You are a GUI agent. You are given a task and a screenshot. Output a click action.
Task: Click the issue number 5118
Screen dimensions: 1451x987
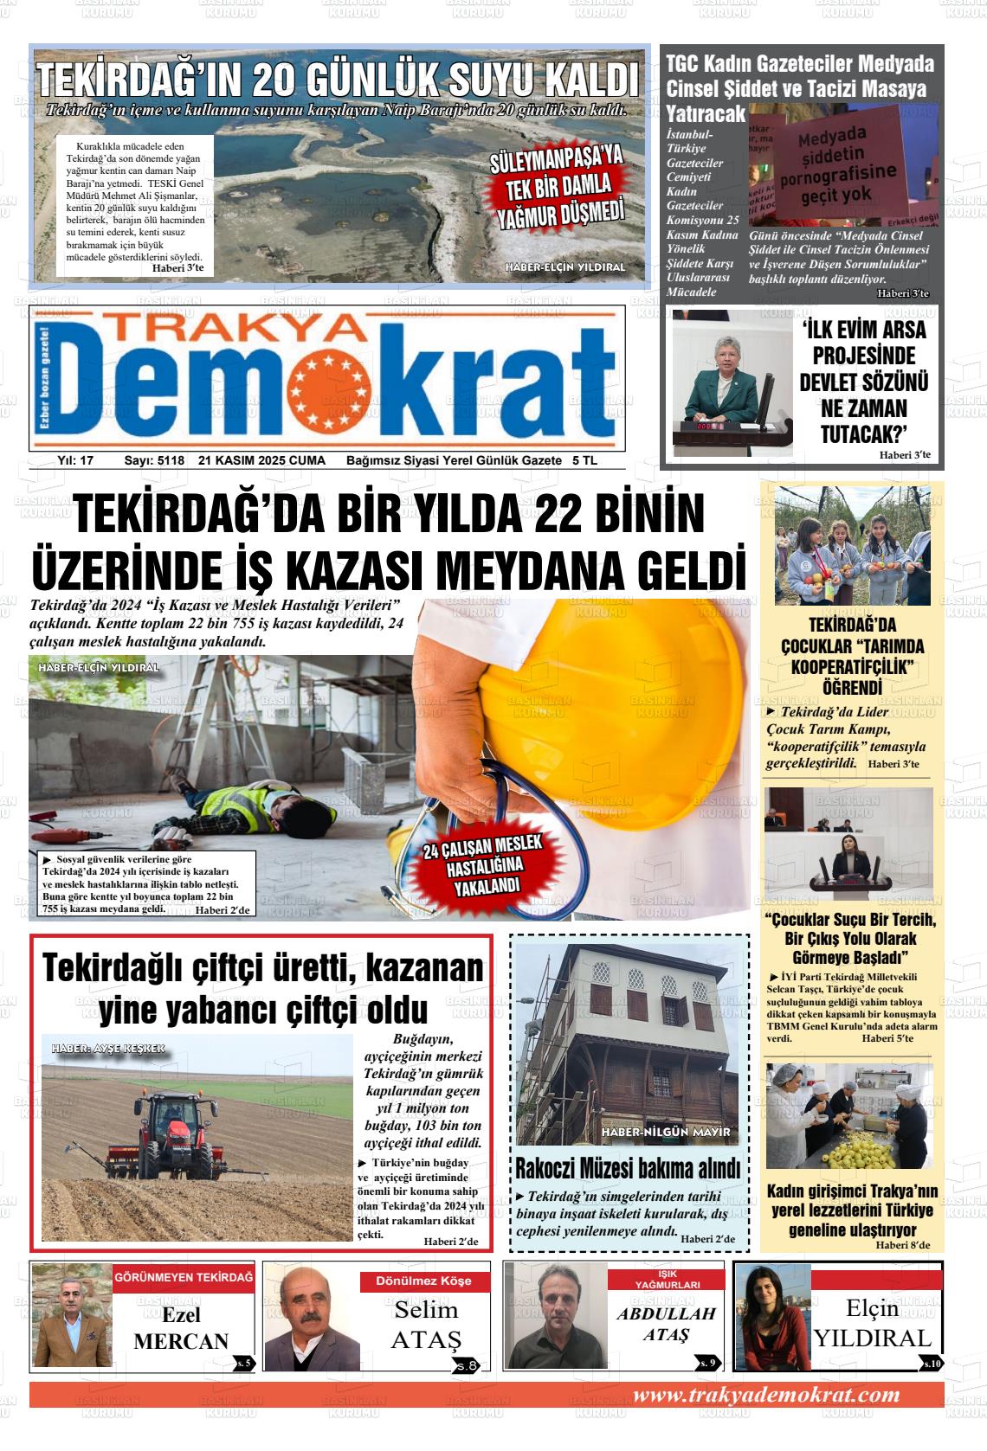[x=166, y=460]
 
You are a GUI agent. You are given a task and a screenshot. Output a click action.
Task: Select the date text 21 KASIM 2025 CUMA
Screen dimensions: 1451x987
[x=261, y=460]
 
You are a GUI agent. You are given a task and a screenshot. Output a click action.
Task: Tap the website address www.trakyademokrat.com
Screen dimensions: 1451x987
[x=766, y=1394]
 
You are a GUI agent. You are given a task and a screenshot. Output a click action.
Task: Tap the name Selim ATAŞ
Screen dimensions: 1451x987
[x=426, y=1325]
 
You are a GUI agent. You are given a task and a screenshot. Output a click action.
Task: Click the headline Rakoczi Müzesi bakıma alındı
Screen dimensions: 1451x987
[x=628, y=1167]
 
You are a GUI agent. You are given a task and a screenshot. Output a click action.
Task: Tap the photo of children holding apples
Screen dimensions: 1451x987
[x=852, y=545]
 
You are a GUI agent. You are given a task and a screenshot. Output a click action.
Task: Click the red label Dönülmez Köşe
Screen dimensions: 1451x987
[x=424, y=1281]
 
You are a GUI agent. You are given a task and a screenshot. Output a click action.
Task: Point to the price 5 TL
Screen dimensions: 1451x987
[x=584, y=460]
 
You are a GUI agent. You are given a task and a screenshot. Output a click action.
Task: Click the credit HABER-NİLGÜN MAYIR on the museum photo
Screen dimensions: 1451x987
[x=667, y=1132]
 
